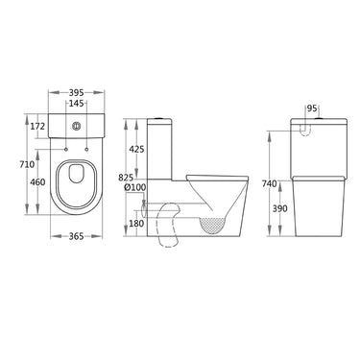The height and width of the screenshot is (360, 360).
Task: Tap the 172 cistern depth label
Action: pyautogui.click(x=37, y=127)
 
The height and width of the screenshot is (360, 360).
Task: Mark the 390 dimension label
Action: pyautogui.click(x=278, y=207)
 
